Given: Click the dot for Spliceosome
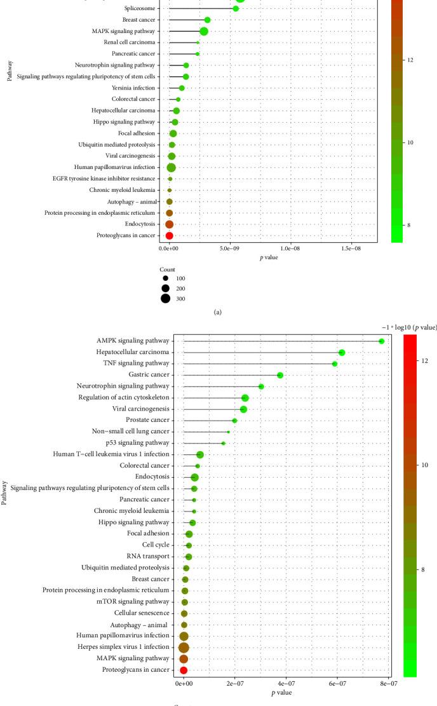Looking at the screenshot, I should (236, 8).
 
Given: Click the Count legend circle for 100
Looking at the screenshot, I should (165, 278).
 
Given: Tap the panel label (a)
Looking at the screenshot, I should (218, 312).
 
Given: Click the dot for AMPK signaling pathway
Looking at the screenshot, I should (381, 341).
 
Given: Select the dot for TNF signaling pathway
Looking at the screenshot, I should (335, 363).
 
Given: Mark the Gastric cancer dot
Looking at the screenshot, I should (280, 375).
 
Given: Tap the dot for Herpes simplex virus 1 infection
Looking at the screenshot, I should (184, 648).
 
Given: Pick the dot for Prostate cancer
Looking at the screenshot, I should (234, 421).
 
